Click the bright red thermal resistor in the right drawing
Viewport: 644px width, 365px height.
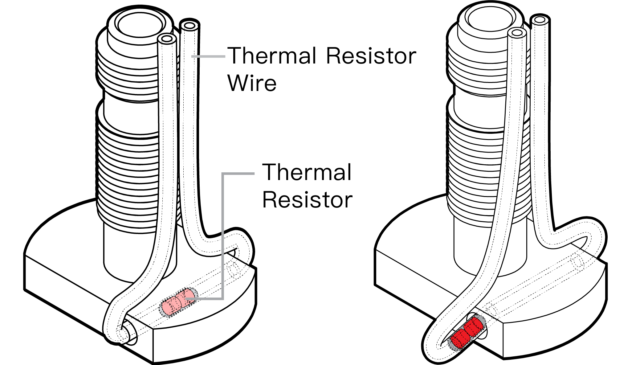[467, 333]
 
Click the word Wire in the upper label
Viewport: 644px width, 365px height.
[252, 83]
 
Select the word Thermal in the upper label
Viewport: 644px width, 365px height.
[273, 56]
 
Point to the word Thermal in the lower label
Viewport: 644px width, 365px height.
[307, 172]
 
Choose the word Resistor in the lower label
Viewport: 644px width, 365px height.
[307, 200]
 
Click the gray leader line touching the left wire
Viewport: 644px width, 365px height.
[208, 56]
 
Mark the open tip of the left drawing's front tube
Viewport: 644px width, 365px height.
[167, 39]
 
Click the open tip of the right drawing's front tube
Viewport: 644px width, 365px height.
[517, 33]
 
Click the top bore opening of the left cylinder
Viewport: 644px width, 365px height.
[140, 25]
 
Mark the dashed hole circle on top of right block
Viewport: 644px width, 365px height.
[577, 262]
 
